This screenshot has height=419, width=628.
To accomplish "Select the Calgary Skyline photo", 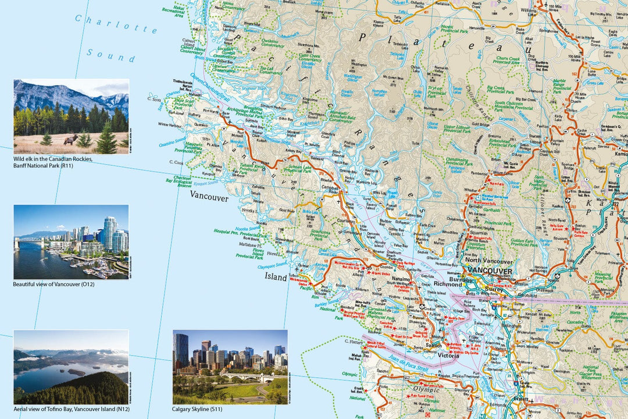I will tap(230, 367).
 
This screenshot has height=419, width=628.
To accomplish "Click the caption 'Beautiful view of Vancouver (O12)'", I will tap(53, 285).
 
